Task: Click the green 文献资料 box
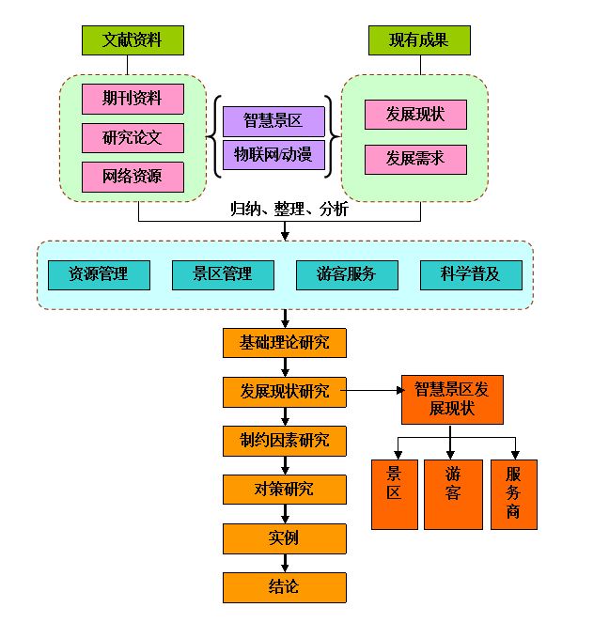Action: click(x=132, y=40)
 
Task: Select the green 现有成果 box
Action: click(x=418, y=40)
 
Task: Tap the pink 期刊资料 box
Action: click(x=132, y=99)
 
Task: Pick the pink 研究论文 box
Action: click(x=132, y=137)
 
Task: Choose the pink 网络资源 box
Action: click(x=132, y=177)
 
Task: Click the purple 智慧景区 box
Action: click(x=273, y=121)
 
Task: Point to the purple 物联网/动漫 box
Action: click(x=273, y=155)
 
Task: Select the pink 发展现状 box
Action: click(x=414, y=115)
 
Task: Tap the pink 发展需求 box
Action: click(x=414, y=159)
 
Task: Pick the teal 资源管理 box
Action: click(x=98, y=274)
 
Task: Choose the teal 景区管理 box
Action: click(x=223, y=274)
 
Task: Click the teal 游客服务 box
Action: click(x=346, y=274)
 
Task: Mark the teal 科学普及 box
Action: click(x=471, y=274)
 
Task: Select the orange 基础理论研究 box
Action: click(x=285, y=342)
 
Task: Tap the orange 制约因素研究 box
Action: click(x=285, y=440)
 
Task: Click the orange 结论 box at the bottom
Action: click(x=285, y=587)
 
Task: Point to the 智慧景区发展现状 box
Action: click(x=451, y=399)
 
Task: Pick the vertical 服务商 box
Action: click(x=513, y=494)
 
